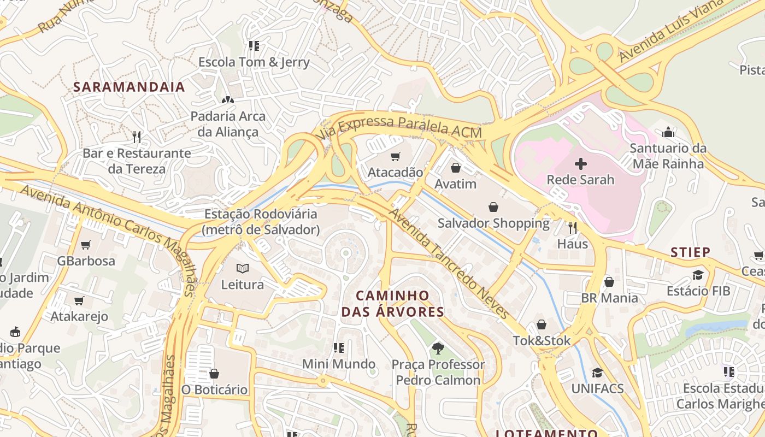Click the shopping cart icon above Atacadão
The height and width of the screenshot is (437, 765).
(395, 157)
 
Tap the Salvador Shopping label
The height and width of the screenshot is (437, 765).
(493, 223)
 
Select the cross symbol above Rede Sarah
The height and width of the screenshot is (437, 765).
(581, 163)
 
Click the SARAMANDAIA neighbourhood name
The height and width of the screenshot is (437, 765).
(129, 87)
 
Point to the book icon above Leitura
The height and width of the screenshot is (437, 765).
(243, 268)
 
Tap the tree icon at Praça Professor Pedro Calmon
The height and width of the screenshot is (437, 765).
(438, 348)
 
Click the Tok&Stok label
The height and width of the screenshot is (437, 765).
(541, 341)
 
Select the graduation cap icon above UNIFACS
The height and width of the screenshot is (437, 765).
(597, 373)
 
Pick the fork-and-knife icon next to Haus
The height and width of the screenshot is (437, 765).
(573, 227)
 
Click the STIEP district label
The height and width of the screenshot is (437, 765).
(691, 252)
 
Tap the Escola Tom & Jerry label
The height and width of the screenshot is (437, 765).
(254, 62)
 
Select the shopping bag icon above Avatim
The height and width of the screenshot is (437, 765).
(456, 168)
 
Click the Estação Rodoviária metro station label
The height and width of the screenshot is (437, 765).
(261, 222)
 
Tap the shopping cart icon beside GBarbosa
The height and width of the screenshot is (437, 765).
(85, 245)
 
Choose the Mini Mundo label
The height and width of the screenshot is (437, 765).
(339, 364)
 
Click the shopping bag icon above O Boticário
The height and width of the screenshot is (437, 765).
(214, 374)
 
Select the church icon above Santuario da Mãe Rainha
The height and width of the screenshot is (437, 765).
(668, 132)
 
